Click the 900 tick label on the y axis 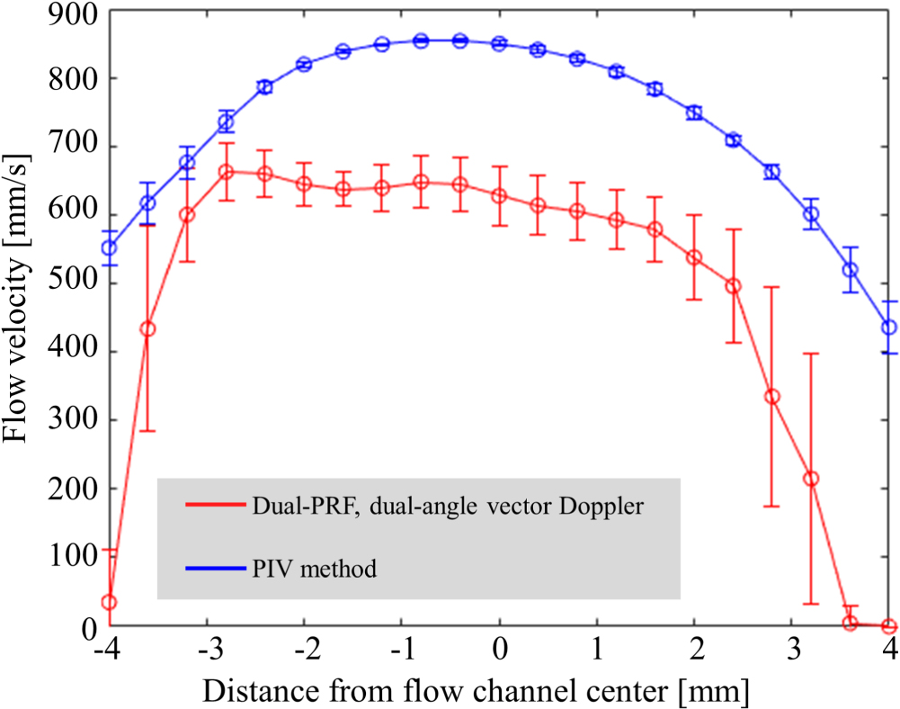69,12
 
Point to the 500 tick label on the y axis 69,284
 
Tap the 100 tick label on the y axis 69,557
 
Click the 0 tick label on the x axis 500,650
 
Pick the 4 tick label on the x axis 889,650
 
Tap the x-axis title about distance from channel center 476,690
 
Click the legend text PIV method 314,568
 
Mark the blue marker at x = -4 110,247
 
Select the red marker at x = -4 110,602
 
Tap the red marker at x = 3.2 811,479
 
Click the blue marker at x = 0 500,43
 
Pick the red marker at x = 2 694,257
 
